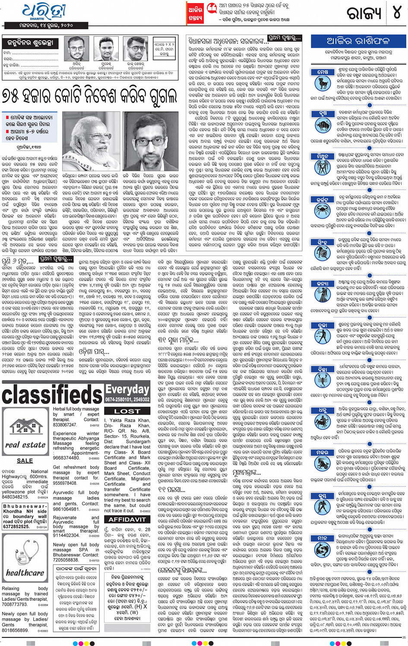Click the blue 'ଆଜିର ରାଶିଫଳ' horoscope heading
pos(358,41)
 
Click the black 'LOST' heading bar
pos(127,411)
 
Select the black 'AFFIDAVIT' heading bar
pos(127,520)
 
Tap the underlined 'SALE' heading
pos(25,460)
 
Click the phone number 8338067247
pos(65,425)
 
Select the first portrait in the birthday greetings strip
pos(76,50)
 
